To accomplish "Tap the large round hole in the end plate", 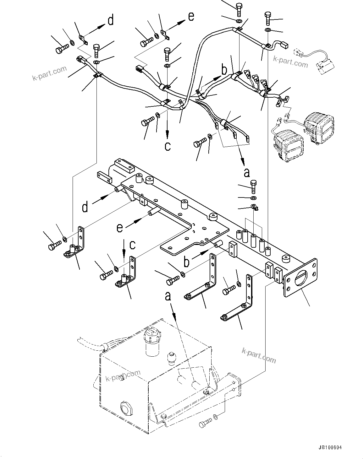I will pos(300,278).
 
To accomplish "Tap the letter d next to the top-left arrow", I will pos(110,21).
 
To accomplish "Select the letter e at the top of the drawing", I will pos(191,16).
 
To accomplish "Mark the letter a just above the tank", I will pos(168,296).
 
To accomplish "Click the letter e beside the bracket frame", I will pos(119,228).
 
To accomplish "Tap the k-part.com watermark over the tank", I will pos(123,375).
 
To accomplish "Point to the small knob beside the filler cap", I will pos(171,358).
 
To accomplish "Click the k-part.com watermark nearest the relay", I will pos(290,62).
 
